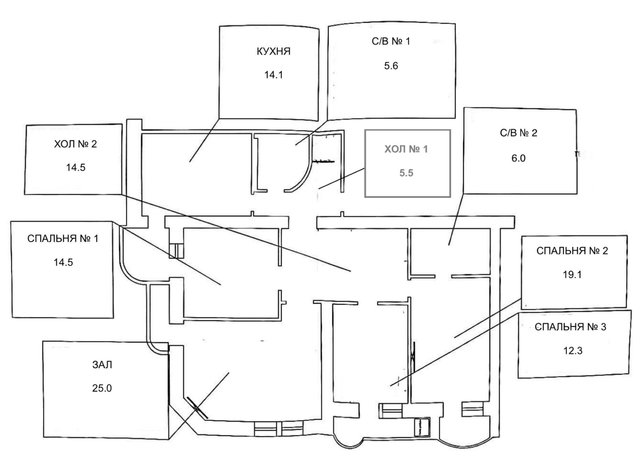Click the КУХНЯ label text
[x=273, y=51]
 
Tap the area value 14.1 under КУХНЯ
[x=273, y=75]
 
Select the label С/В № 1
[x=391, y=41]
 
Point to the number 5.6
[x=391, y=66]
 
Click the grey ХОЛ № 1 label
[x=406, y=150]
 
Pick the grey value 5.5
[x=406, y=173]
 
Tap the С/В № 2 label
[x=518, y=133]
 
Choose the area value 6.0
[x=518, y=158]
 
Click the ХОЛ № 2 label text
[x=75, y=144]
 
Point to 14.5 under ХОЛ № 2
[x=76, y=167]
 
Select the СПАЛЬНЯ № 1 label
[x=63, y=239]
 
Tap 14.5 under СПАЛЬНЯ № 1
[x=63, y=262]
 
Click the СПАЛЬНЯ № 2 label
[x=572, y=251]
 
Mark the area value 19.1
[x=572, y=275]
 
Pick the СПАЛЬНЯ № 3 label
[x=570, y=327]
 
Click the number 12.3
[x=573, y=351]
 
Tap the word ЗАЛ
[x=102, y=365]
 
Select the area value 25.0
[x=102, y=388]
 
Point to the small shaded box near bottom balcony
[x=422, y=427]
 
